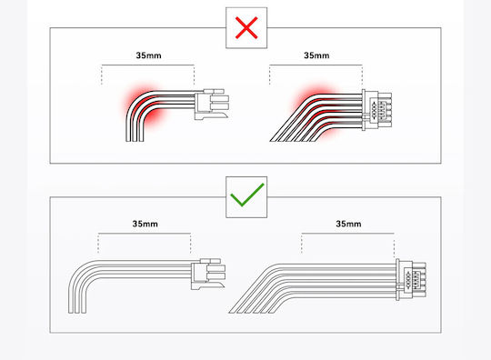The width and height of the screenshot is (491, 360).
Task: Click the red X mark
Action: [x=246, y=28]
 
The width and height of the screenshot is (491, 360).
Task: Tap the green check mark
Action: [x=247, y=195]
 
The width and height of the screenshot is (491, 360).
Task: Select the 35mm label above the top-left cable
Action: [x=149, y=55]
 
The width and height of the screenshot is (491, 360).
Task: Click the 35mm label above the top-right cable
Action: [x=316, y=55]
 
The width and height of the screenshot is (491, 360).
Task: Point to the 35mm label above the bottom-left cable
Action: [x=145, y=224]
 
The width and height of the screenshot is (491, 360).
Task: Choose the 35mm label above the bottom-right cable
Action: [x=348, y=224]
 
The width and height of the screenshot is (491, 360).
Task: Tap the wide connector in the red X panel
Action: [x=376, y=110]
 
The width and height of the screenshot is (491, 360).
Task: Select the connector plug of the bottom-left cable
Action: [x=208, y=274]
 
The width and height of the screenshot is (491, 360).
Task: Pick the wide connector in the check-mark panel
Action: [x=411, y=280]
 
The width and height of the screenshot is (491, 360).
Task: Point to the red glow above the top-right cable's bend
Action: [x=313, y=93]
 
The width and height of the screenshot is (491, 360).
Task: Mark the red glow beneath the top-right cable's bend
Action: [x=329, y=132]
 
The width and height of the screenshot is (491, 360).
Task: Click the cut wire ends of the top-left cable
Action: [x=135, y=141]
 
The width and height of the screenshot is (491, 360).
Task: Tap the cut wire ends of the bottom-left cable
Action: [x=77, y=312]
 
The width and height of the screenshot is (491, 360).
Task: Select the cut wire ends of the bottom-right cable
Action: [x=252, y=312]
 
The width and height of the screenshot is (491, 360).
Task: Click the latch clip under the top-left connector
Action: [x=212, y=115]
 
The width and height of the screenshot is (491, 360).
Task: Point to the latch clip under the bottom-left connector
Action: [x=208, y=285]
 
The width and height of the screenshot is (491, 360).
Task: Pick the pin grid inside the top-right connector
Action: [x=378, y=110]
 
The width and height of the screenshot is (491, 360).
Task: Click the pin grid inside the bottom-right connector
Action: [x=412, y=280]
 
